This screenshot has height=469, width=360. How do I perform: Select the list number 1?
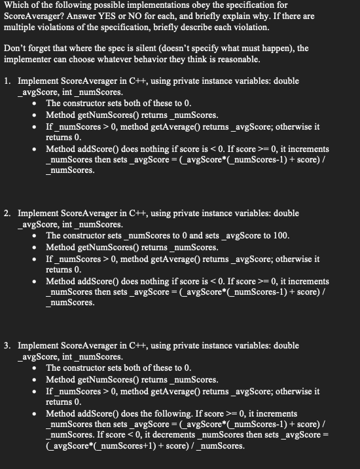(x=7, y=81)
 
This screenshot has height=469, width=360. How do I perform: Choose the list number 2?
(x=7, y=214)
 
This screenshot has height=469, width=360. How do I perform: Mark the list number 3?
(x=7, y=346)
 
